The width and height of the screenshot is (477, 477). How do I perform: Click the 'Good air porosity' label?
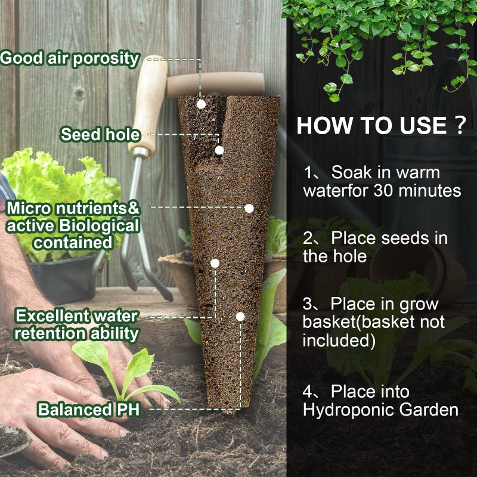(70, 58)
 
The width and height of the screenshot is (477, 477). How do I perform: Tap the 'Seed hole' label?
(99, 134)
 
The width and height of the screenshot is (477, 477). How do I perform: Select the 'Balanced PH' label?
(88, 410)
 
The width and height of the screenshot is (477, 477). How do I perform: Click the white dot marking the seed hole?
(219, 150)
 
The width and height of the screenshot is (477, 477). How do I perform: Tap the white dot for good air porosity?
(202, 104)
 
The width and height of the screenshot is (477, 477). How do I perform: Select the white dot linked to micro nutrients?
(249, 208)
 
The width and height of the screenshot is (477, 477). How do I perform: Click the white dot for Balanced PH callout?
(240, 317)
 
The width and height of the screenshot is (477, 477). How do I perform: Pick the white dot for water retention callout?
(215, 263)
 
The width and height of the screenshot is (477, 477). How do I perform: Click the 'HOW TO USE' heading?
(371, 126)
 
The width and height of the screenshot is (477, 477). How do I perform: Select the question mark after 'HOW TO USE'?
(459, 126)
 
